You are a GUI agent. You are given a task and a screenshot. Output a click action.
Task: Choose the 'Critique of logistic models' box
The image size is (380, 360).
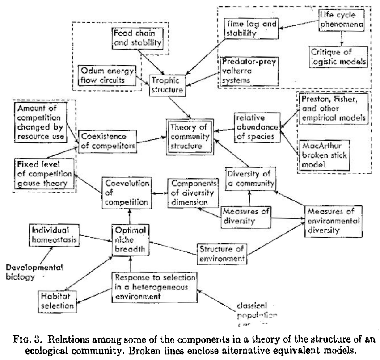coord(342,55)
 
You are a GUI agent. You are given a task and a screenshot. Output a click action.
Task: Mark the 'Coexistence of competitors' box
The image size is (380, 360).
coord(107,141)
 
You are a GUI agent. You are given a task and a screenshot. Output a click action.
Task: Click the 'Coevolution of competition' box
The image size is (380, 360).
coord(124,192)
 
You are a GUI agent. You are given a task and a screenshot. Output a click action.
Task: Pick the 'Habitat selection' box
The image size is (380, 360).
coord(57,301)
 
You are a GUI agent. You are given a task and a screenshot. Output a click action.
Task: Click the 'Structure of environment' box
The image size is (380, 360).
coord(222,253)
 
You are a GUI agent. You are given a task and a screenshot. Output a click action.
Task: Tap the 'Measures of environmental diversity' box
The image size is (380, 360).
coord(334,220)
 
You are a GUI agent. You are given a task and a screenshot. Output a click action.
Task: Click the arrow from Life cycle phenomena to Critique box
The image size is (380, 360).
coord(342,38)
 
